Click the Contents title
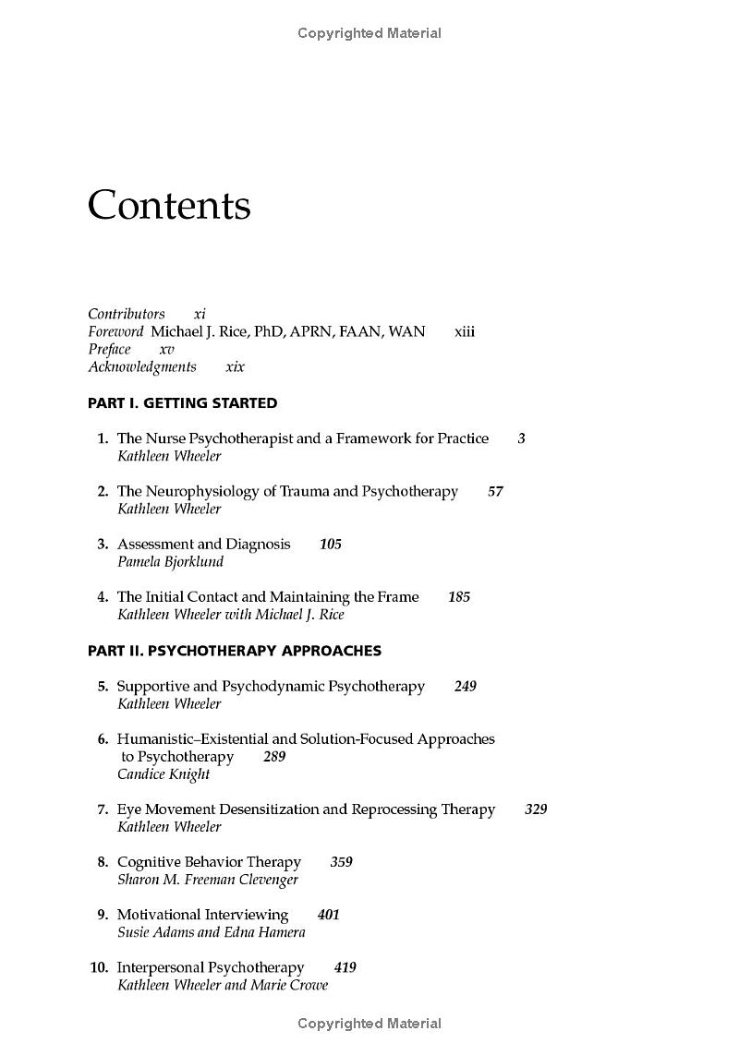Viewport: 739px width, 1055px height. (169, 205)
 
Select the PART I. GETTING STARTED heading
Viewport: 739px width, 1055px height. (182, 403)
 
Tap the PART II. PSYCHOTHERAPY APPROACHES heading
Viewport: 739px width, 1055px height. (235, 651)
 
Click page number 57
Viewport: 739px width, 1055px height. (495, 492)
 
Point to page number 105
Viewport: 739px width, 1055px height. (330, 545)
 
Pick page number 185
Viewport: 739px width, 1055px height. (459, 597)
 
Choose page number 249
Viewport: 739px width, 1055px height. (466, 687)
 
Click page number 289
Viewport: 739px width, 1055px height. (274, 757)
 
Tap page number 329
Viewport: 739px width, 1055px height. (536, 809)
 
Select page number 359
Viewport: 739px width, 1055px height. (341, 862)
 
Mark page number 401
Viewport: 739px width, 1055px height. (328, 915)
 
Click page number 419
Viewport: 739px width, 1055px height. (345, 967)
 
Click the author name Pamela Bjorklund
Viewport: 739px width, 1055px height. (170, 562)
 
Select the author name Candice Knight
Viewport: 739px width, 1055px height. (164, 774)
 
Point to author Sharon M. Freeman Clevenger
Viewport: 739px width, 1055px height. (208, 880)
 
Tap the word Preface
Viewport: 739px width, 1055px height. (109, 350)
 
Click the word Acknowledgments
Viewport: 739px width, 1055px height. (142, 367)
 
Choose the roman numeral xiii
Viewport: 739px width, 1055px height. (465, 332)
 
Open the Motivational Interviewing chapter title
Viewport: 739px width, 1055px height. (202, 915)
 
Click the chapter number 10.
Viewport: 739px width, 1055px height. (99, 967)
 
